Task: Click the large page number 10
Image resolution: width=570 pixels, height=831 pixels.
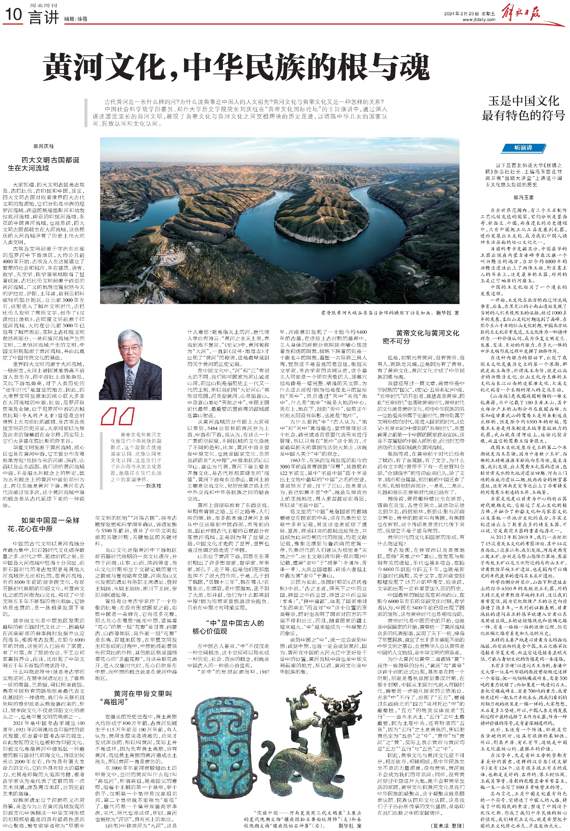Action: [x=14, y=15]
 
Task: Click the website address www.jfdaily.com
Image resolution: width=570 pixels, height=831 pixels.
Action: [x=479, y=20]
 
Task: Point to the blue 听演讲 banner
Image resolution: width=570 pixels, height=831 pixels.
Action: [x=523, y=148]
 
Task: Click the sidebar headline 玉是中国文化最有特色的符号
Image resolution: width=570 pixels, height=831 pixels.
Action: [x=523, y=108]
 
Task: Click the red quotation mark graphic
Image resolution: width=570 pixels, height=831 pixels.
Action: [x=118, y=416]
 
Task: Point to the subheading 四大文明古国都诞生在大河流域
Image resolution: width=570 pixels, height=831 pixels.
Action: [x=45, y=164]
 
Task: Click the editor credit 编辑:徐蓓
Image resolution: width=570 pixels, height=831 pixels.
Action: [x=76, y=19]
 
